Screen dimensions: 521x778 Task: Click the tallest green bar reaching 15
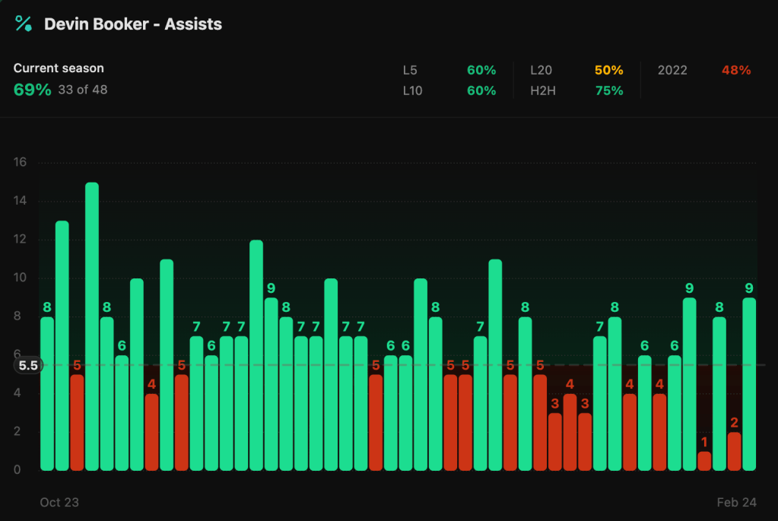[x=92, y=327]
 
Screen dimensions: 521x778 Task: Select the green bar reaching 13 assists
[x=62, y=346]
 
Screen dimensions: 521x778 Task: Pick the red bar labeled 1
[x=704, y=461]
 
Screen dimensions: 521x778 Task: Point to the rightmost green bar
[x=749, y=384]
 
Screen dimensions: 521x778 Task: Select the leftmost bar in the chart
[x=47, y=393]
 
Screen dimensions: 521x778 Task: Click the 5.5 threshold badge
[x=28, y=365]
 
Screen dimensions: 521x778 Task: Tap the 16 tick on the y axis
[x=21, y=162]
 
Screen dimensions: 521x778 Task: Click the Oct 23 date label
[x=59, y=502]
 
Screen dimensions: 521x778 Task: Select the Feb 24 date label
[x=737, y=502]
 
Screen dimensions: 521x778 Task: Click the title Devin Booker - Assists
[x=133, y=24]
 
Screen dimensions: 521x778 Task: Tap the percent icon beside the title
[x=24, y=24]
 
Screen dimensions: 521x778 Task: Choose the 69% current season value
[x=33, y=90]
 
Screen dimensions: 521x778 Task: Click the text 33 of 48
[x=83, y=90]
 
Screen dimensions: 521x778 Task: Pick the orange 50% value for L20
[x=608, y=70]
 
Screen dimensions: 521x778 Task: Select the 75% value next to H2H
[x=608, y=91]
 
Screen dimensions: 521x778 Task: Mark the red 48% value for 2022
[x=735, y=70]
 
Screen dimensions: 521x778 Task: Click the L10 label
[x=412, y=91]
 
